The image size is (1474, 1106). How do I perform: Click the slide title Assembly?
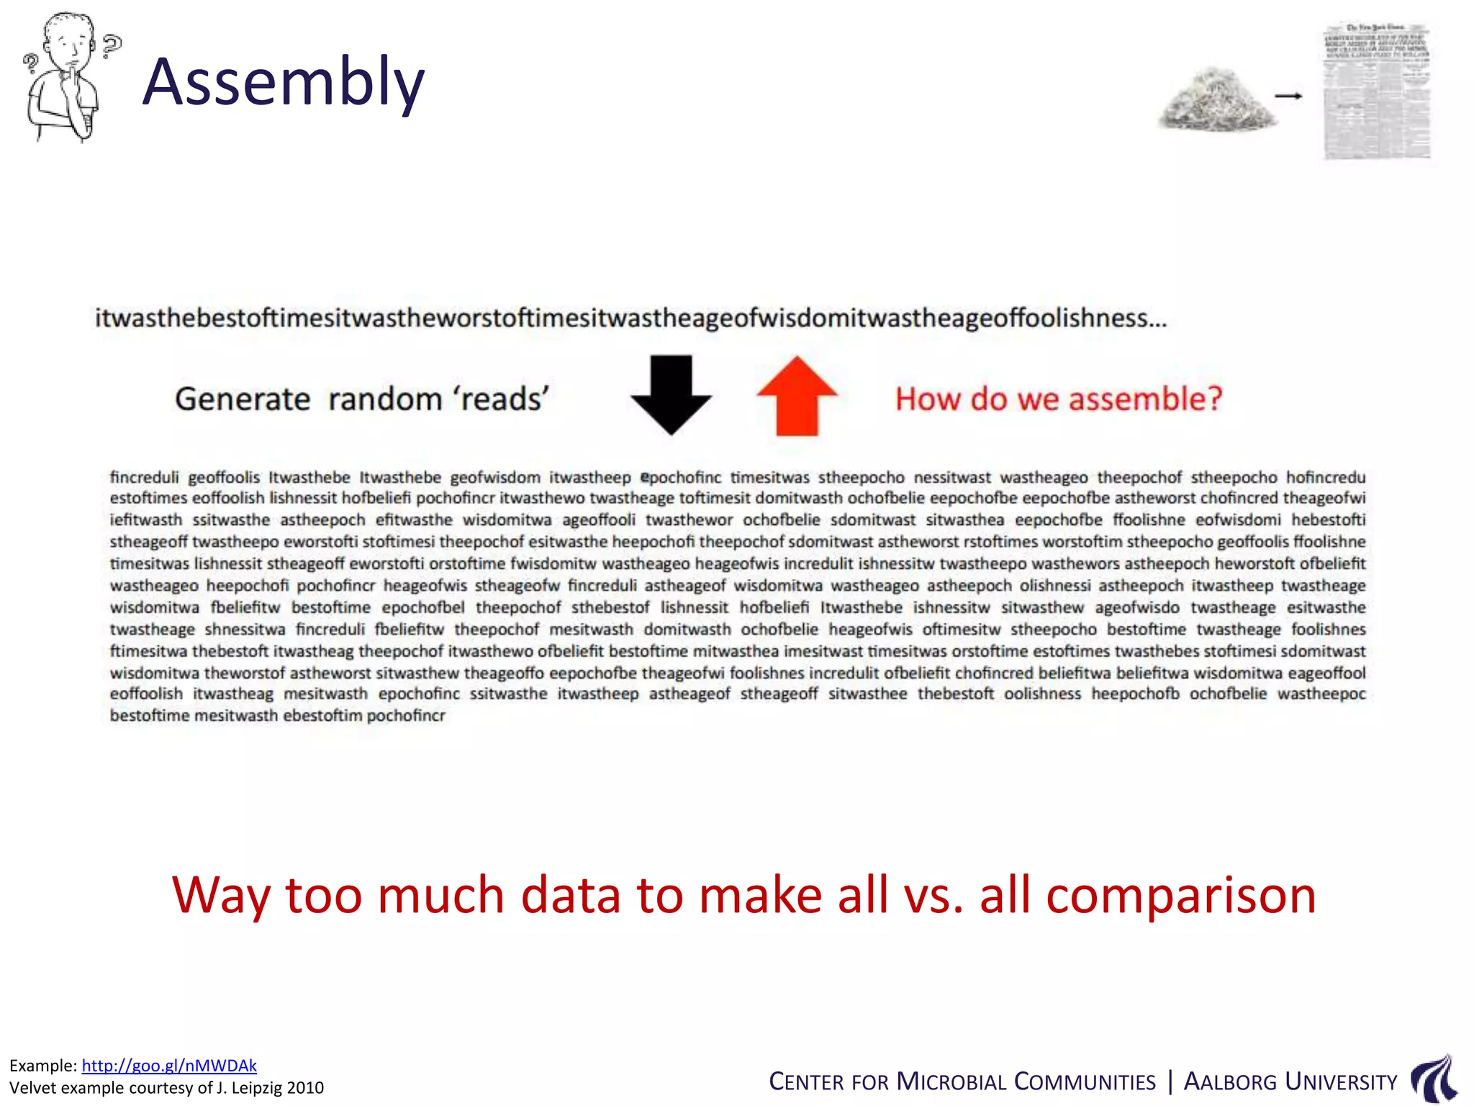284,83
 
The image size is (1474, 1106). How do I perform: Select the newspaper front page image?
1377,91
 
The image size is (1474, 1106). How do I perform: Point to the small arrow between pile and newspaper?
1288,96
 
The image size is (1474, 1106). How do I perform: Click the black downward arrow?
671,394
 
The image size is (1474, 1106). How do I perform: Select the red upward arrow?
797,396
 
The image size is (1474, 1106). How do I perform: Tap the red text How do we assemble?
1059,399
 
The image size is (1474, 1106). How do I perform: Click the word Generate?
243,399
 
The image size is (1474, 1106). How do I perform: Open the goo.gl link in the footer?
169,1066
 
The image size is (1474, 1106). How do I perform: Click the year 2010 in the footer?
305,1087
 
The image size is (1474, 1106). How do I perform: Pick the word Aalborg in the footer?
1230,1082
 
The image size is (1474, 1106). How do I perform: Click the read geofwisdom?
495,477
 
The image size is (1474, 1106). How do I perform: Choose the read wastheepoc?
1321,694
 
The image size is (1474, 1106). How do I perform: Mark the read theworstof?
245,673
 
